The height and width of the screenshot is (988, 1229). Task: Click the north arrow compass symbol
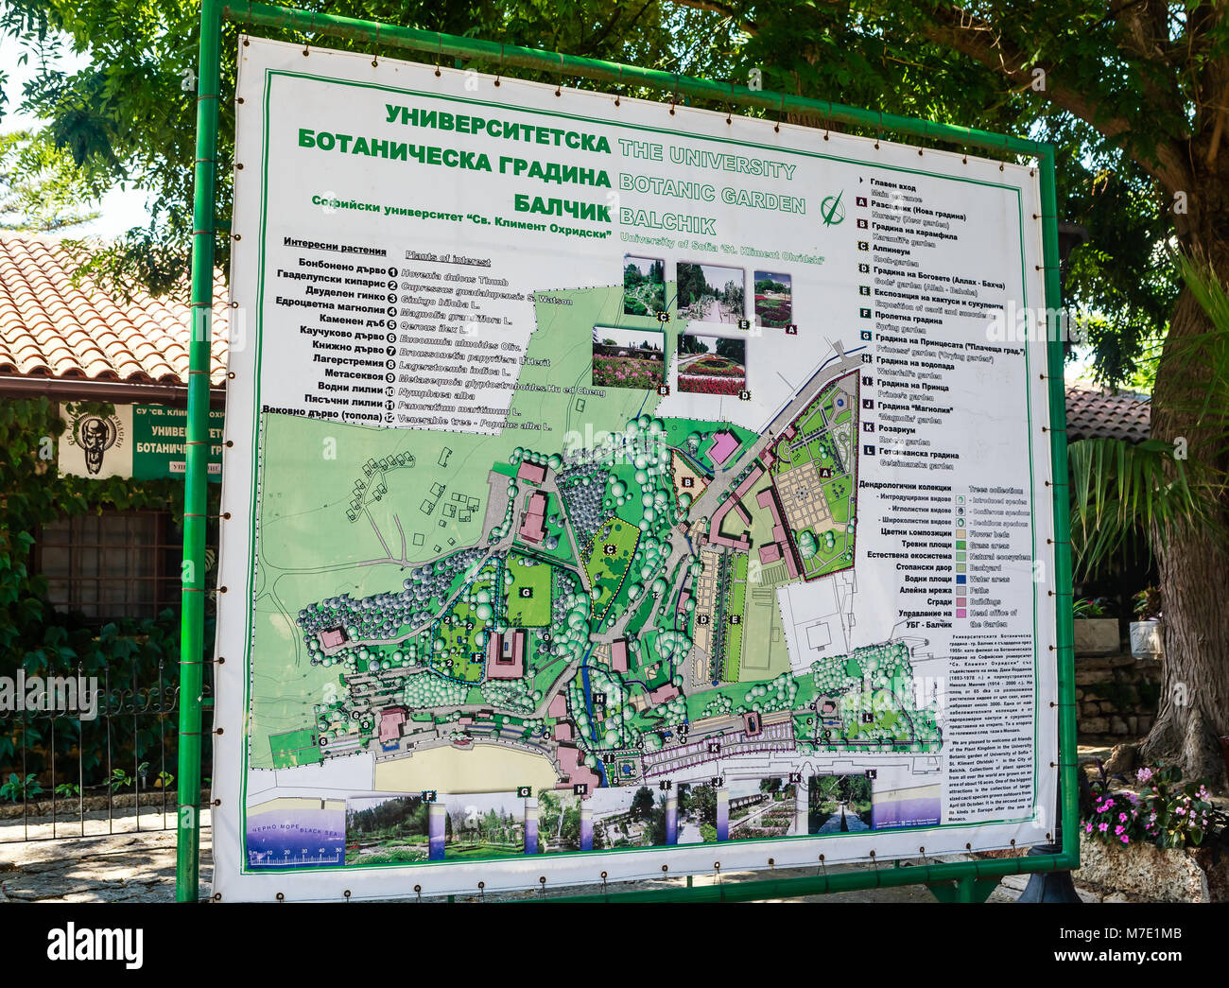832,208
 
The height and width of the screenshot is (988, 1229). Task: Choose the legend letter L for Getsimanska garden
866,452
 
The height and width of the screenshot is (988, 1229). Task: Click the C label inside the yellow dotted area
610,549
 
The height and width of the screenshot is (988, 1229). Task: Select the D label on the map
703,620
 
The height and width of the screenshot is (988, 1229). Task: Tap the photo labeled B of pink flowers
628,357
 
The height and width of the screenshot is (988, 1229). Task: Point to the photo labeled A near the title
773,299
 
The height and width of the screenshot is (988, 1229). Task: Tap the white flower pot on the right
1146,638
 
